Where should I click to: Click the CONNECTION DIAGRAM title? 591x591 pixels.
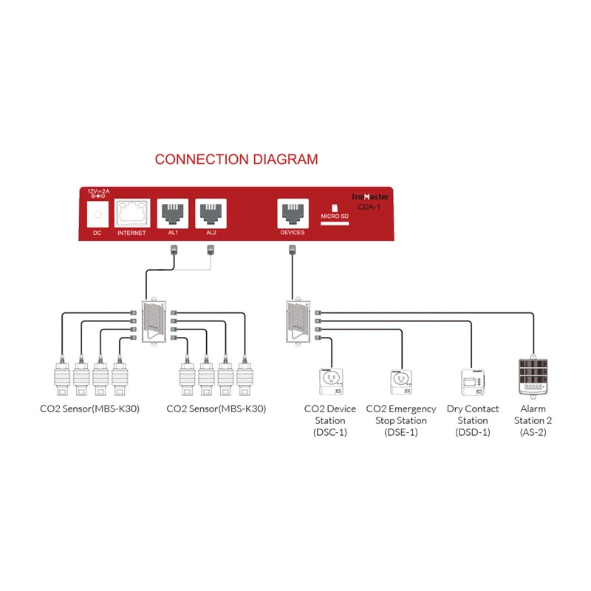point(236,159)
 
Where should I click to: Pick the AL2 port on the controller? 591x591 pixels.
point(211,213)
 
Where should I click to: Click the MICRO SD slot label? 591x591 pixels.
point(334,216)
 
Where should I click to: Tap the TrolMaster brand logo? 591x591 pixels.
point(369,197)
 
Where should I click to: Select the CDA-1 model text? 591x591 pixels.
point(369,208)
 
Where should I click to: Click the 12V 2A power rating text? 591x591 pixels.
point(98,191)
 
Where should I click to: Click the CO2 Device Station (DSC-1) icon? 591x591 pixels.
point(329,380)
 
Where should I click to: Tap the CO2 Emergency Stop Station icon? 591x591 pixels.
point(401,380)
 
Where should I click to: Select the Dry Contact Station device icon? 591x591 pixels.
point(473,380)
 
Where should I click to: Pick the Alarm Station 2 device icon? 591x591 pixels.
point(533,377)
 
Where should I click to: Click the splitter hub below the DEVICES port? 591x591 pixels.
point(298,321)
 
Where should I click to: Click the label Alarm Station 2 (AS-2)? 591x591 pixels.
point(533,420)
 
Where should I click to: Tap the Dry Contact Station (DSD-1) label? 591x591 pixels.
point(473,420)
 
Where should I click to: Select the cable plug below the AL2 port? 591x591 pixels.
point(211,251)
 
